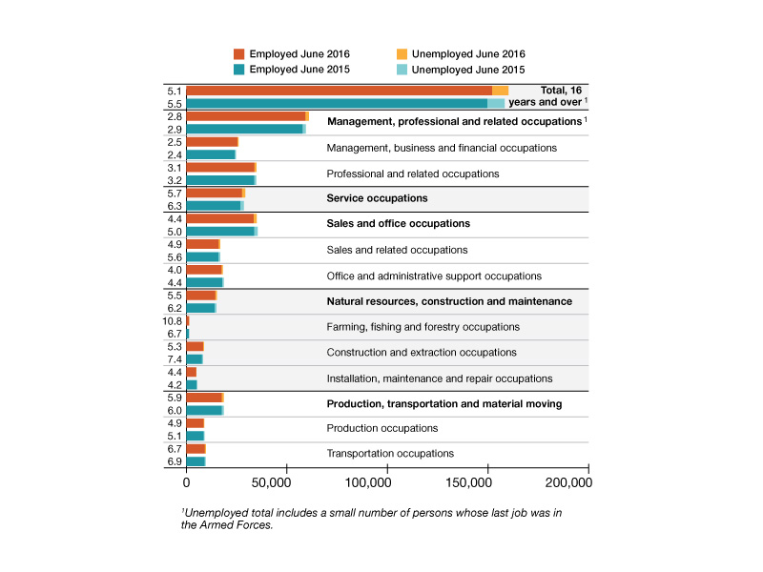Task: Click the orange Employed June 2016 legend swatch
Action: [239, 54]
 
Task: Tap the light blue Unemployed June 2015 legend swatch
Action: [402, 70]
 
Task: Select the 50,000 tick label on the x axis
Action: [271, 482]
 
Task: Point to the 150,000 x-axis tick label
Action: [468, 482]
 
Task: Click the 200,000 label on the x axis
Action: [568, 482]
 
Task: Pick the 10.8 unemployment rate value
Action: [173, 321]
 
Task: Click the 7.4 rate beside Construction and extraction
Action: [175, 359]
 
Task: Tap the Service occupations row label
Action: [377, 198]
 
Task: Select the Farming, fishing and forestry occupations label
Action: [423, 327]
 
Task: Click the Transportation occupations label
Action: [390, 454]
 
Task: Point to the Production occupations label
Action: [382, 428]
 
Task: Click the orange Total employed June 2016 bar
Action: [340, 91]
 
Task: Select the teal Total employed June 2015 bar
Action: [337, 103]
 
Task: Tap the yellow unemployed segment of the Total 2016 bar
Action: [500, 91]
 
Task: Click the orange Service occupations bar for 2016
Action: [214, 194]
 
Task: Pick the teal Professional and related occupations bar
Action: [220, 180]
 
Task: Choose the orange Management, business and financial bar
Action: [212, 142]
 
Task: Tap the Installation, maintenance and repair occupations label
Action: [440, 378]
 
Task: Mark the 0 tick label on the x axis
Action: [186, 482]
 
